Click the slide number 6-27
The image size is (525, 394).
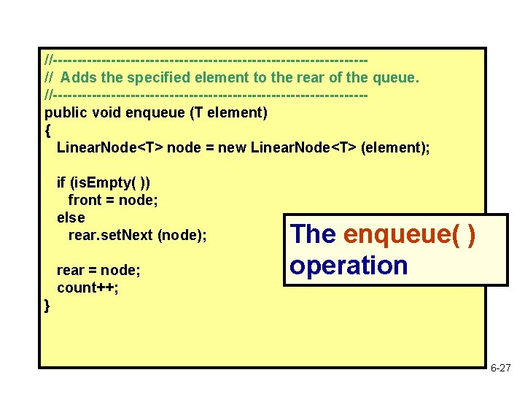point(500,369)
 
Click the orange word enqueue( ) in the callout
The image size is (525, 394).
point(409,235)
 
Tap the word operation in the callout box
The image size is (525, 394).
point(349,266)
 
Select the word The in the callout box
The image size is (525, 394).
point(313,235)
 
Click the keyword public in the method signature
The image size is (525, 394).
point(64,112)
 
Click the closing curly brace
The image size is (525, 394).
point(48,305)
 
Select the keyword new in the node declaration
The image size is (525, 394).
point(232,147)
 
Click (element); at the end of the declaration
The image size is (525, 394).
point(395,147)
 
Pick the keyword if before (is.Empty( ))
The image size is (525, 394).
point(61,182)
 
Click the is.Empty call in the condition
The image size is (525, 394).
point(110,182)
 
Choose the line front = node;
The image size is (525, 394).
point(113,200)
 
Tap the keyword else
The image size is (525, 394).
point(71,217)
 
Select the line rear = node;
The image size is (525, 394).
point(98,270)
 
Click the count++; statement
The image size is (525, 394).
point(87,287)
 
